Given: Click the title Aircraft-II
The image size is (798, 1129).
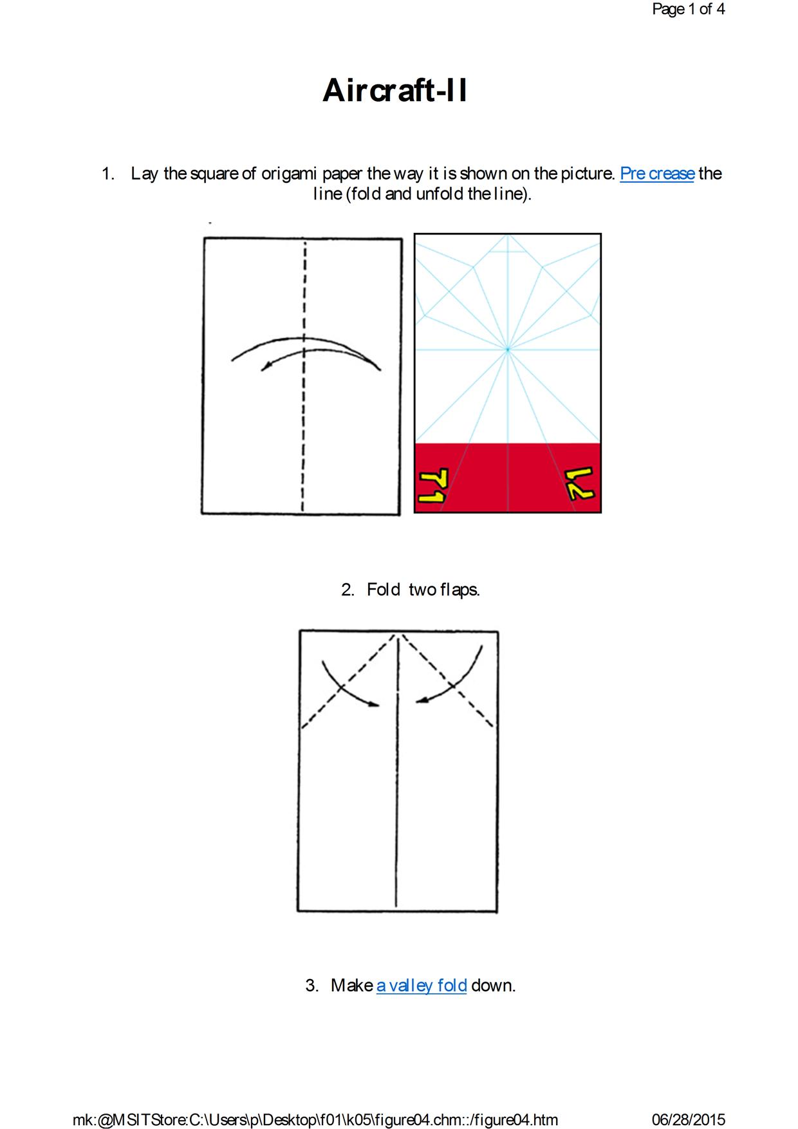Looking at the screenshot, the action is point(394,90).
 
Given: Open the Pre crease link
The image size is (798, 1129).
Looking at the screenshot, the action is point(657,174).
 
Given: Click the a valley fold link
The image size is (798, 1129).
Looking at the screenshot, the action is point(422,985).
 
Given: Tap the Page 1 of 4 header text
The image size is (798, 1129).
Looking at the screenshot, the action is point(688,9).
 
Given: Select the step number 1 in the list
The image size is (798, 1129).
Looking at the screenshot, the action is point(108,174).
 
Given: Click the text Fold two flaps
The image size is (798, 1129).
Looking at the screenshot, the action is point(423,590).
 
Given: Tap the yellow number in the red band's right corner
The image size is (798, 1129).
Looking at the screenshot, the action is point(580,485).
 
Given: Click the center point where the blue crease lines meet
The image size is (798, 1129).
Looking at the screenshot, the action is point(508,350).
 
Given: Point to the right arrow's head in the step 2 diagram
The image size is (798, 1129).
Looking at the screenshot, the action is point(421,701).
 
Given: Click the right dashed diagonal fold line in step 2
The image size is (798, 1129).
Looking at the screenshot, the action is point(449,681).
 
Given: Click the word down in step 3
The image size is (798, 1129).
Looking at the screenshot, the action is point(494,985).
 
